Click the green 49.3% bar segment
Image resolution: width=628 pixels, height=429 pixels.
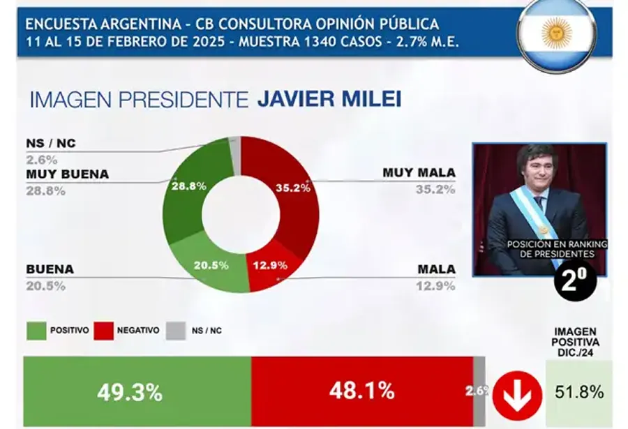[x=137, y=391]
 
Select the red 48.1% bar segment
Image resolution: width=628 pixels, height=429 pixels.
[x=361, y=391]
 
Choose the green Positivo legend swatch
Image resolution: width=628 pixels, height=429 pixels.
[x=36, y=330]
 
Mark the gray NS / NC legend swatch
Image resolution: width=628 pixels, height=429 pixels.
[x=176, y=330]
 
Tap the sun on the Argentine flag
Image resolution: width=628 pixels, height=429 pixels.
[x=556, y=32]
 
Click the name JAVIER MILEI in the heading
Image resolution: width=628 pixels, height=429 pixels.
[x=329, y=99]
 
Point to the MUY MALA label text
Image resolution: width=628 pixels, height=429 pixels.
[x=419, y=172]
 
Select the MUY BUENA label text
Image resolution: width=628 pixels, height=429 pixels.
[x=67, y=174]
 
